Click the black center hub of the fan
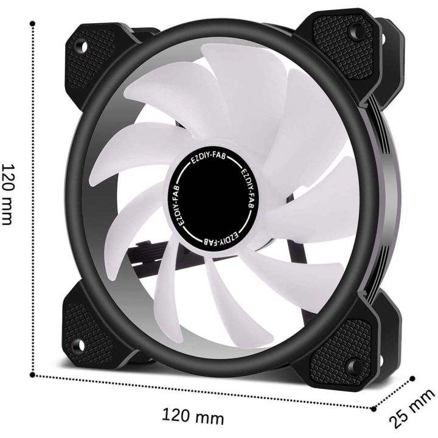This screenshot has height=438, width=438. click(x=213, y=195)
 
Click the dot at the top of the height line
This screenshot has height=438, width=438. click(x=31, y=23)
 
